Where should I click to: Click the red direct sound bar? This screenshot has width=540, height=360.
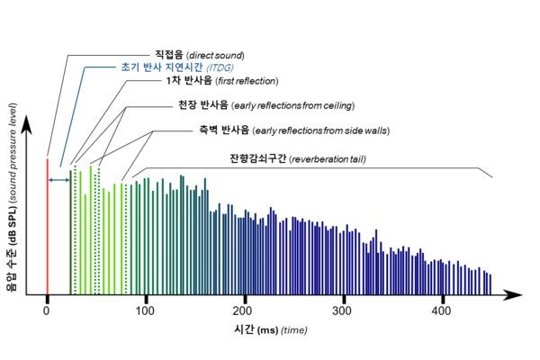47,225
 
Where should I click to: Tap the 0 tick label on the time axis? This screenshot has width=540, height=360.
47,310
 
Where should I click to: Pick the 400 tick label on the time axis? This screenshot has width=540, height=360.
440,310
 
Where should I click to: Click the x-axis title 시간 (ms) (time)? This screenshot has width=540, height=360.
269,330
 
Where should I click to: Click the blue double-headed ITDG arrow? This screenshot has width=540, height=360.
59,181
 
